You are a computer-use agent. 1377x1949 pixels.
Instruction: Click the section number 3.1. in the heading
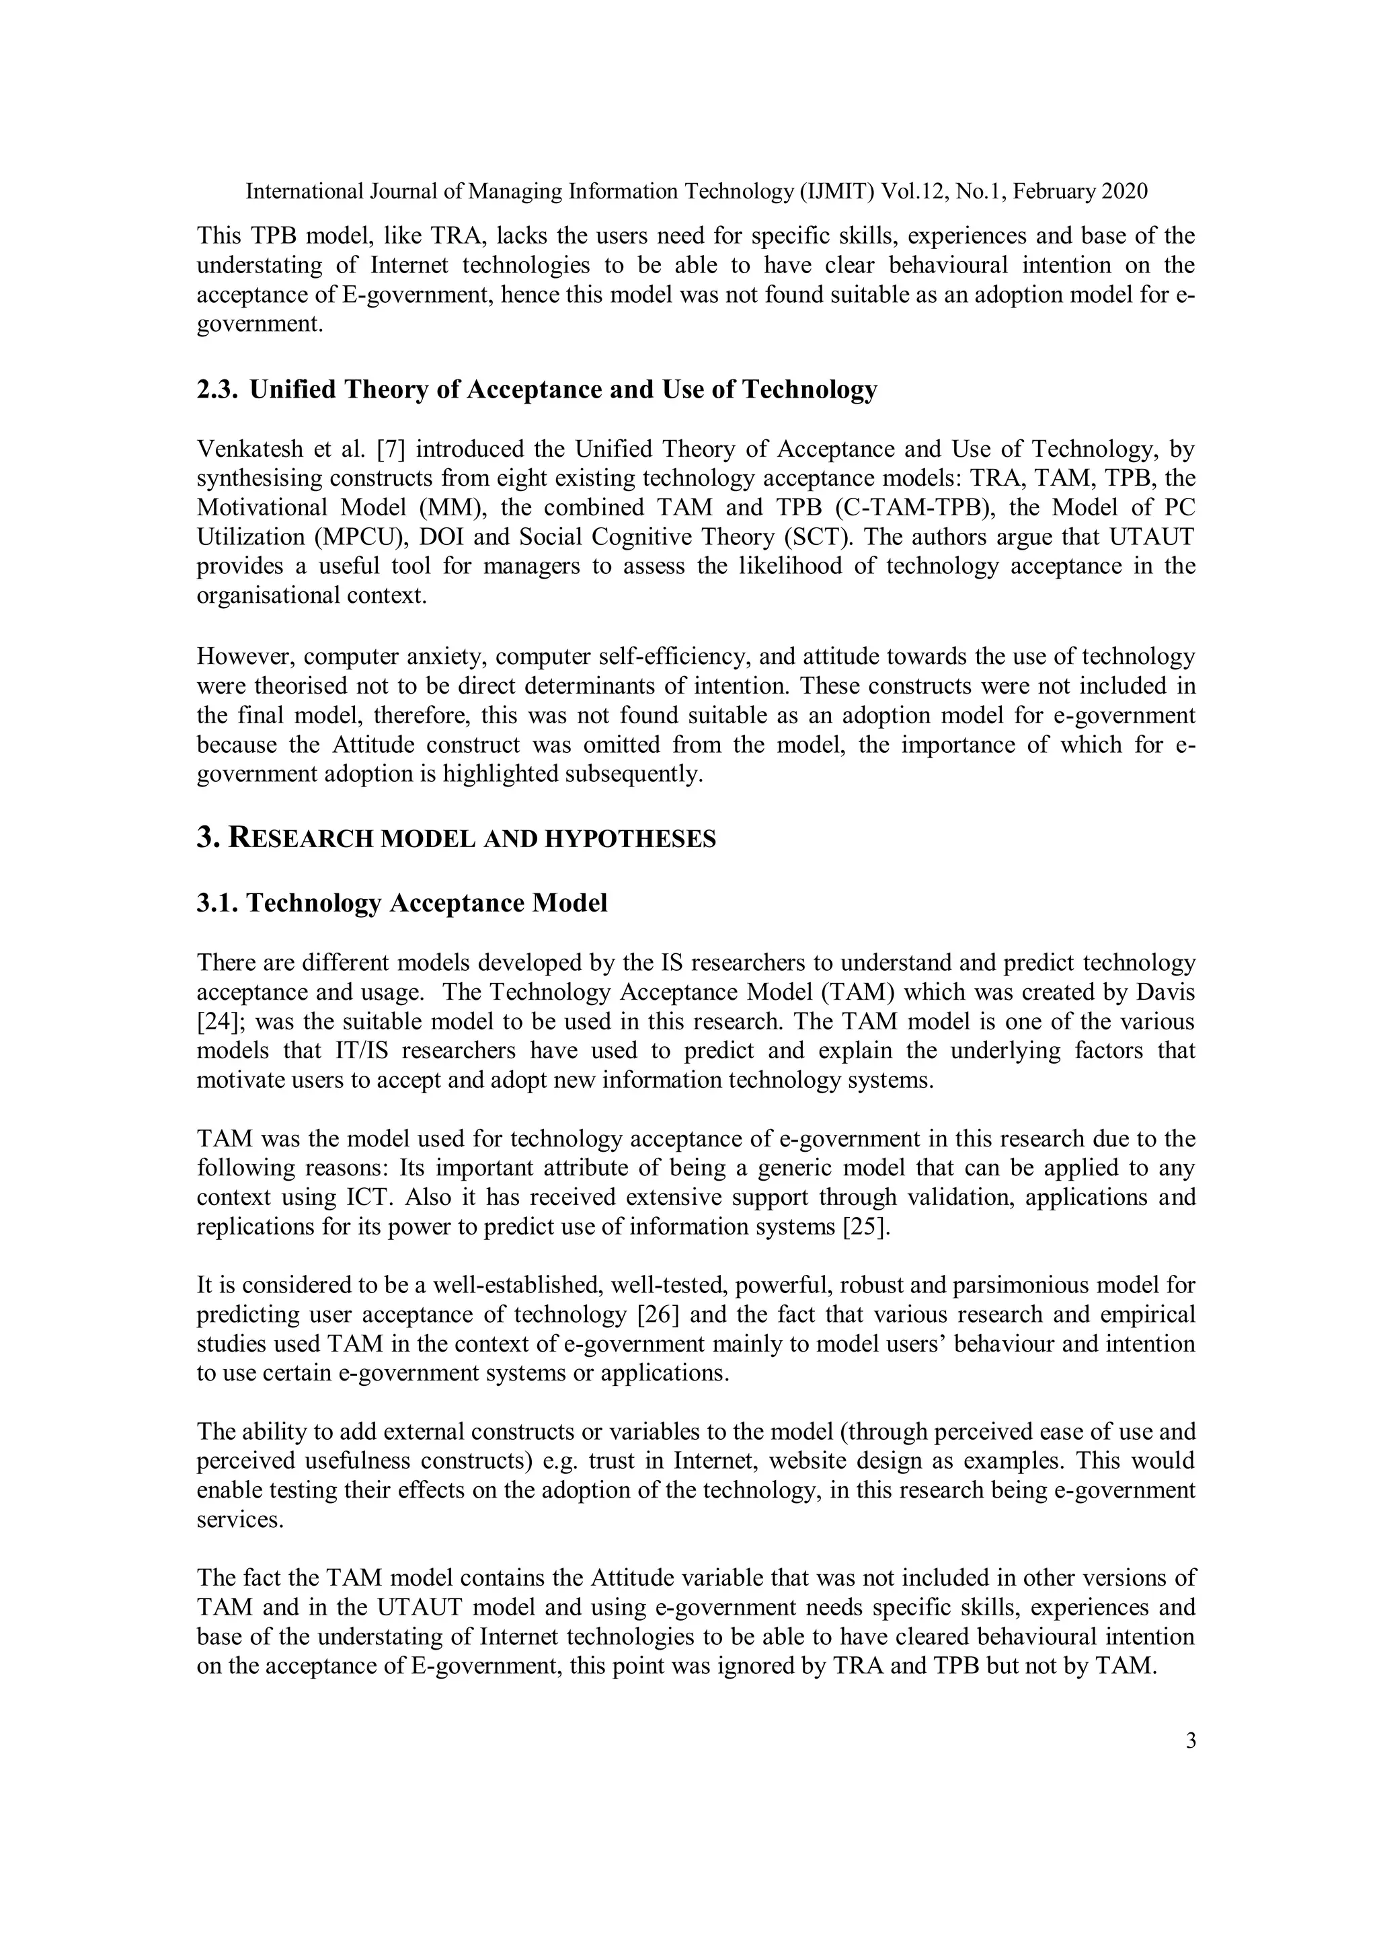[217, 904]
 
